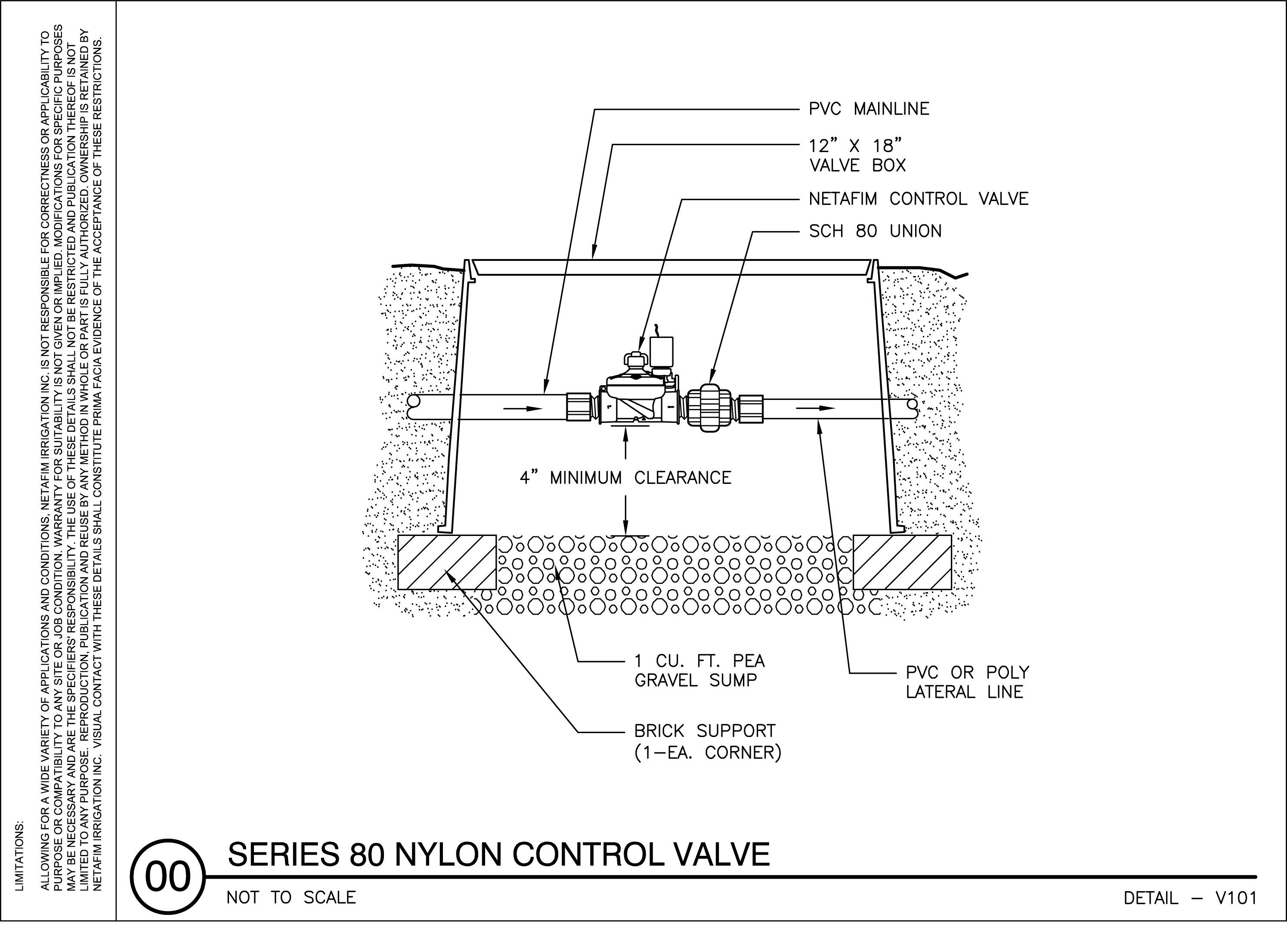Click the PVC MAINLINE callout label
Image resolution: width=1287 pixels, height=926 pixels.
pyautogui.click(x=869, y=109)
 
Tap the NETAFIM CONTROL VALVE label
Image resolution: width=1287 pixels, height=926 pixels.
pyautogui.click(x=918, y=199)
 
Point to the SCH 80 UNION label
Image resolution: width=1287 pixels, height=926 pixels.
pyautogui.click(x=875, y=232)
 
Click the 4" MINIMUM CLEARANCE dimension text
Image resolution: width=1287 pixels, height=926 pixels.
pyautogui.click(x=625, y=478)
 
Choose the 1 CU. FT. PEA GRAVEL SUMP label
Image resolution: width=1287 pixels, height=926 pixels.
pyautogui.click(x=699, y=671)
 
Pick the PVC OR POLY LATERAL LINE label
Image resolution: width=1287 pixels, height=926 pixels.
pyautogui.click(x=967, y=682)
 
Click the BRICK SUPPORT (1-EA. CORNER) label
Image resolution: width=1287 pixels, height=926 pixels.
pyautogui.click(x=707, y=742)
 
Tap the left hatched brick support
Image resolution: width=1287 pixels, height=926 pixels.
pyautogui.click(x=447, y=562)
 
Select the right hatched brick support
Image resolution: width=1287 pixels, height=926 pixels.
pyautogui.click(x=902, y=562)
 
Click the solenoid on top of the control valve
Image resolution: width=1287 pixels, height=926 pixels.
pyautogui.click(x=662, y=352)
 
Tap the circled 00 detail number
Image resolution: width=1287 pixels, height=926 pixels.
pyautogui.click(x=167, y=876)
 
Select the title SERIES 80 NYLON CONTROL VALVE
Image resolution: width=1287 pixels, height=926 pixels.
pyautogui.click(x=498, y=855)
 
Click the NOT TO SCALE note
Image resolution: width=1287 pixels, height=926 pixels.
pyautogui.click(x=291, y=898)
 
